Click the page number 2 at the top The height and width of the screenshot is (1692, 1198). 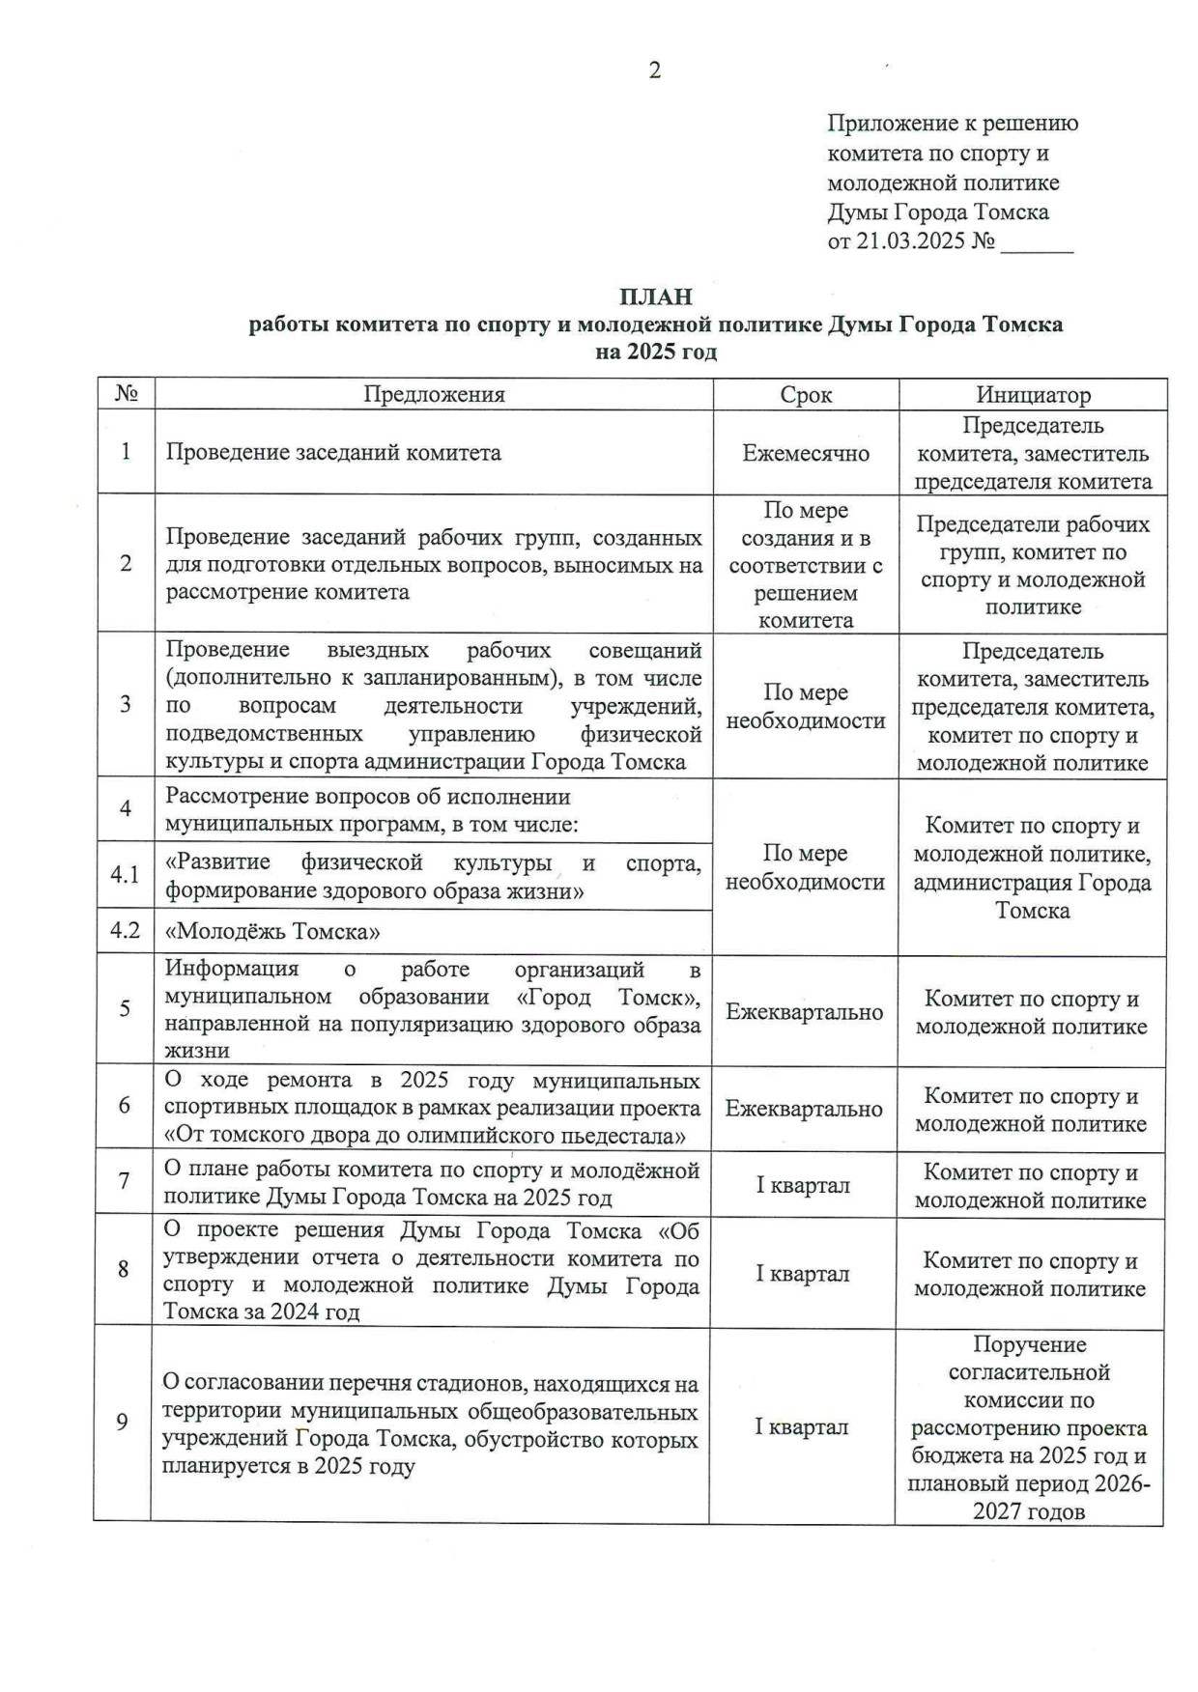[654, 70]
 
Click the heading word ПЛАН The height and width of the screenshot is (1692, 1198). [656, 296]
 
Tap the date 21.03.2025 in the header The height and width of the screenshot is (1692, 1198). [911, 240]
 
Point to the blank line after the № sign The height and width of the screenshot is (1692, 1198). [1037, 242]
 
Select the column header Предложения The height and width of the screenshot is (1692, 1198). [434, 394]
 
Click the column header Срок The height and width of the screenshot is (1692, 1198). [806, 394]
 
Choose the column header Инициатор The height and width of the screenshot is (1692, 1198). [1033, 394]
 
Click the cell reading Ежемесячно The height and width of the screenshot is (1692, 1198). [806, 453]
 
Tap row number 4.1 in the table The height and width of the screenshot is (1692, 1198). [126, 875]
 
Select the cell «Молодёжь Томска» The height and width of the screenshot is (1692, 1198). [272, 932]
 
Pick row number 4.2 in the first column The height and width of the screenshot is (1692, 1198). [126, 931]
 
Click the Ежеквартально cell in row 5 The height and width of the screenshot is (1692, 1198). [805, 1012]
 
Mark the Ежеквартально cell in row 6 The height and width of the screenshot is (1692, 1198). [804, 1109]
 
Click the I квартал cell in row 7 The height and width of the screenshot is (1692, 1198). [803, 1185]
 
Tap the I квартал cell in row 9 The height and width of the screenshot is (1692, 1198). [802, 1426]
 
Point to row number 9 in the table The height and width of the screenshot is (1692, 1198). [122, 1422]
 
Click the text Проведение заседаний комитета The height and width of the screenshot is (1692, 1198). [333, 453]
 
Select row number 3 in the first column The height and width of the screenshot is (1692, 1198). [126, 704]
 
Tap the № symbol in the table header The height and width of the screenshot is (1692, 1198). [127, 394]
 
